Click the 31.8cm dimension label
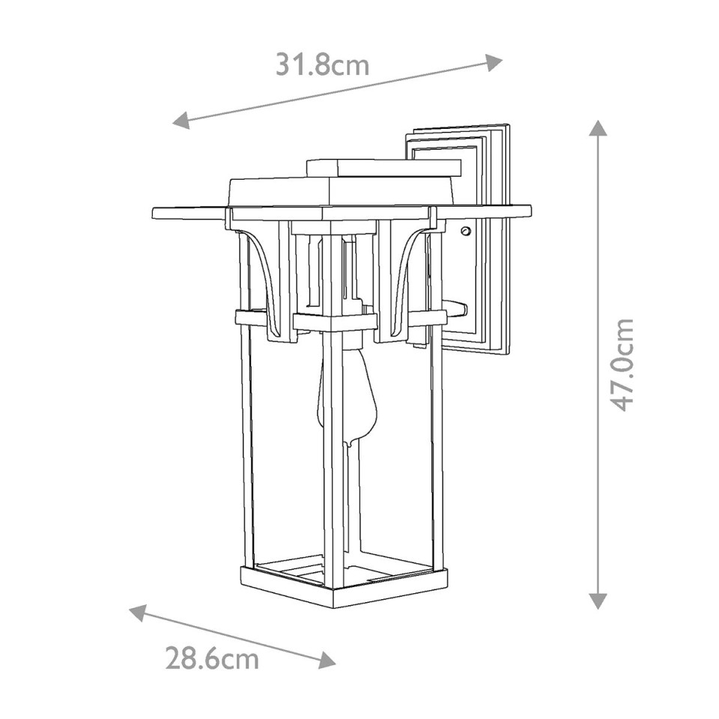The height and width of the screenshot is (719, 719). tap(323, 65)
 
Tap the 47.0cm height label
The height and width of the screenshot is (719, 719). tap(621, 365)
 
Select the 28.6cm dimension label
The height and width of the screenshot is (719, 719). tap(212, 659)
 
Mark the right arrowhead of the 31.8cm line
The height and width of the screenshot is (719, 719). tap(494, 61)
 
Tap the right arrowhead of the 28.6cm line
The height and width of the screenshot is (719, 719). tap(327, 661)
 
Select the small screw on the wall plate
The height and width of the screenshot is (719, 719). tap(467, 232)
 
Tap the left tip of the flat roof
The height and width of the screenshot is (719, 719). tap(155, 213)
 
